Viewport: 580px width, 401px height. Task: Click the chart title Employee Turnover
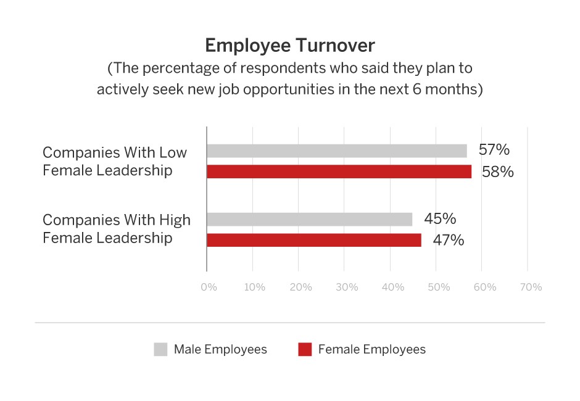(x=289, y=46)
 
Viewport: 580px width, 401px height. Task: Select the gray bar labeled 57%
(x=336, y=151)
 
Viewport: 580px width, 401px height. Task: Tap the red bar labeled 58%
(x=339, y=172)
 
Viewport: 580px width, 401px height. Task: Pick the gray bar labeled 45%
(x=309, y=219)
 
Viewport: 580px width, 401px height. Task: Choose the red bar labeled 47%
(x=313, y=240)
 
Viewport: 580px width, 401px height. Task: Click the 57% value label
(x=494, y=151)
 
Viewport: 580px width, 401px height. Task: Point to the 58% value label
(x=498, y=172)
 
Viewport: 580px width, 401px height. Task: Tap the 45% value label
(x=440, y=219)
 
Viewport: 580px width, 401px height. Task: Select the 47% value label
(x=448, y=240)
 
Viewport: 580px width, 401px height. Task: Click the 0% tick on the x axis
(x=209, y=287)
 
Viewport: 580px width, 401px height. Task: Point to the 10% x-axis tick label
(x=254, y=287)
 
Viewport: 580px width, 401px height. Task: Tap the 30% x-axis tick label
(x=347, y=287)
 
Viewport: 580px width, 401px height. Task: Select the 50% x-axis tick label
(x=439, y=287)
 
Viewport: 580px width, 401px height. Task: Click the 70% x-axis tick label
(x=531, y=287)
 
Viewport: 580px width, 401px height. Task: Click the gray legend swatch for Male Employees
(x=160, y=349)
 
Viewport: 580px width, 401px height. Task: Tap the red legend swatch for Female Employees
(x=305, y=349)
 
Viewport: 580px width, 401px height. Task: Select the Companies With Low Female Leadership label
(x=115, y=161)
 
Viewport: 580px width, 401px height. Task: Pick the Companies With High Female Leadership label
(x=117, y=229)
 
